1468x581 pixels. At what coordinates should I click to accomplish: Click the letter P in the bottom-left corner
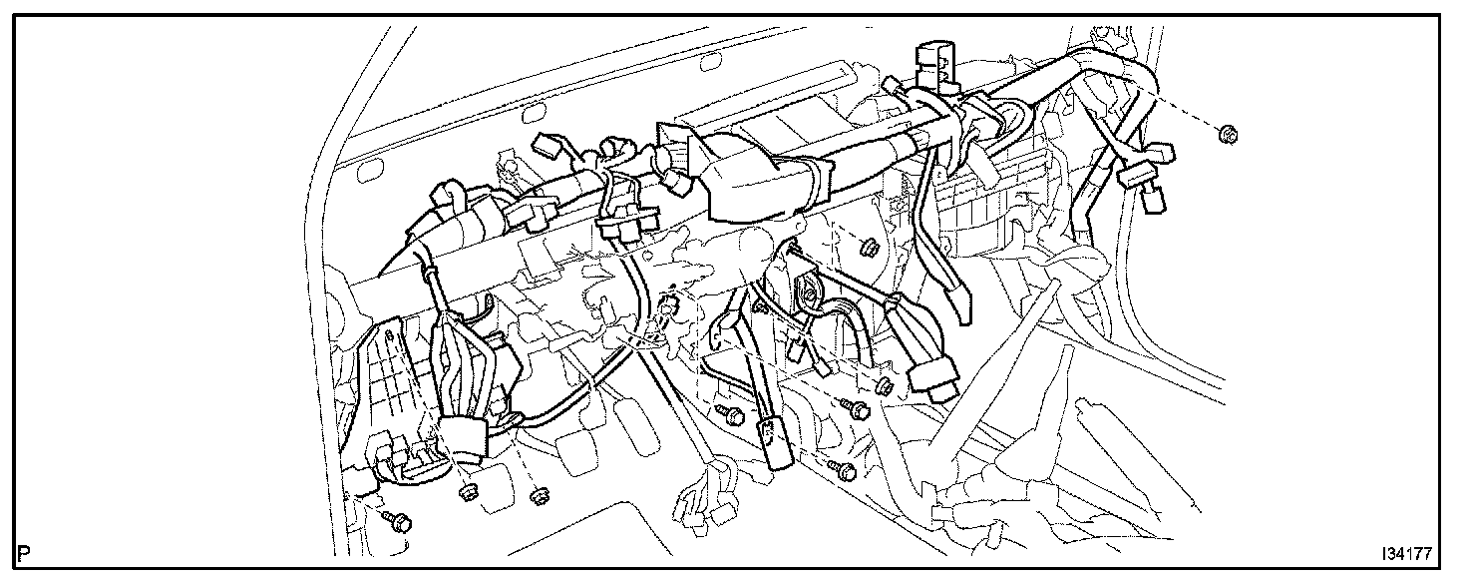pos(22,552)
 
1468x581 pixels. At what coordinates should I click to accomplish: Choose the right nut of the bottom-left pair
pos(539,494)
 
